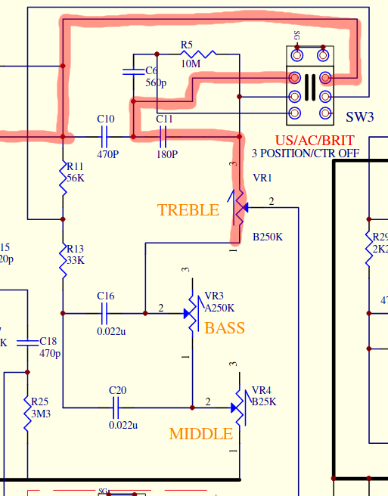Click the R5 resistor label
coord(187,45)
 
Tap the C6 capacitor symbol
coord(133,73)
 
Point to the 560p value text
coord(156,83)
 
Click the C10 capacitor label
coord(106,119)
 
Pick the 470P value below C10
coord(107,154)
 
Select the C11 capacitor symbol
coord(164,137)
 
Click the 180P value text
coord(166,154)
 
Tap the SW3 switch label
coord(360,117)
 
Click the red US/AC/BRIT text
coord(307,141)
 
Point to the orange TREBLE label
coord(188,210)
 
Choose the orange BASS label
coord(225,328)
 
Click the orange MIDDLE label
coord(200,434)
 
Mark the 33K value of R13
coord(76,261)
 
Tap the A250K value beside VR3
coord(220,308)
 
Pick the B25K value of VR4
coord(264,401)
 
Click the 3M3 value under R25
coord(40,415)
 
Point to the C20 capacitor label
coord(117,391)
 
